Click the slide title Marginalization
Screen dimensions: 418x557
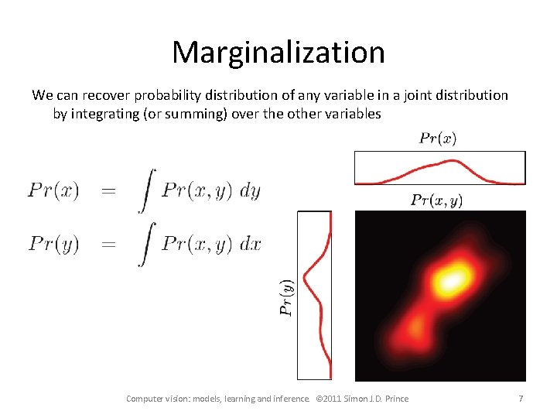(x=278, y=53)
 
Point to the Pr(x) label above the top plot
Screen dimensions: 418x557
(x=438, y=139)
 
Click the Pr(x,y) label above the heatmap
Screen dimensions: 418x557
(x=437, y=200)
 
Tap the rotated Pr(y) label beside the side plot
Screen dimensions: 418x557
(x=287, y=296)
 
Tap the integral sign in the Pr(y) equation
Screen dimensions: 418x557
(x=144, y=245)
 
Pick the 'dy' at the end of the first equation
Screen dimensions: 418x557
(x=250, y=191)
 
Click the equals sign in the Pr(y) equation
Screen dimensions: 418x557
(x=108, y=245)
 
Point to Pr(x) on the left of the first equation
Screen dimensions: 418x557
(x=53, y=191)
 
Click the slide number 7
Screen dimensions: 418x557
(x=521, y=399)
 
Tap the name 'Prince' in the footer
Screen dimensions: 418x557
(x=393, y=399)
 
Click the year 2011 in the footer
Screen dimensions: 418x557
(x=337, y=399)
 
